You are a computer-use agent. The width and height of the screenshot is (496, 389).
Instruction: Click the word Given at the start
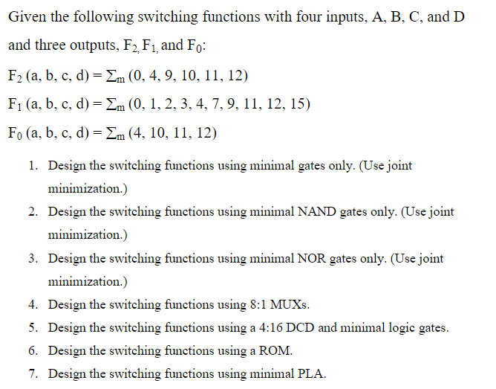pos(27,16)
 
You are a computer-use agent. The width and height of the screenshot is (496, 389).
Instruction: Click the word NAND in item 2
pos(318,212)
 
